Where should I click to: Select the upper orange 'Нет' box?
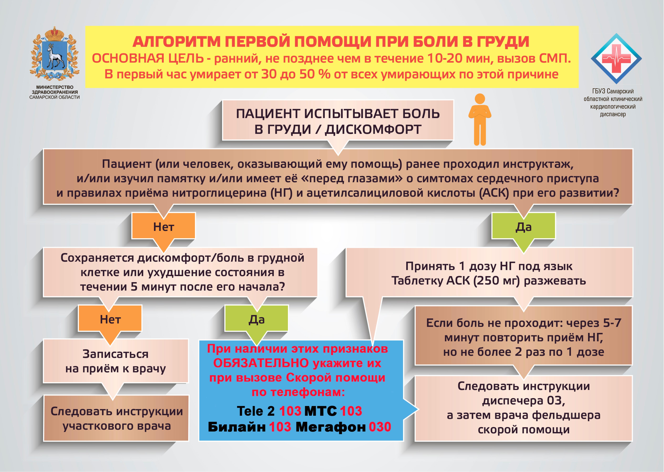click(164, 226)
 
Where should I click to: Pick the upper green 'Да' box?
click(523, 226)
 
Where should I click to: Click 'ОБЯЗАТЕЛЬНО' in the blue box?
click(261, 363)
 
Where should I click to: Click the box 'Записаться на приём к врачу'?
click(116, 361)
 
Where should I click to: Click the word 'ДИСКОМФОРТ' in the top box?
click(373, 129)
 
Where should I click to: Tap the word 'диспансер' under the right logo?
click(613, 114)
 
